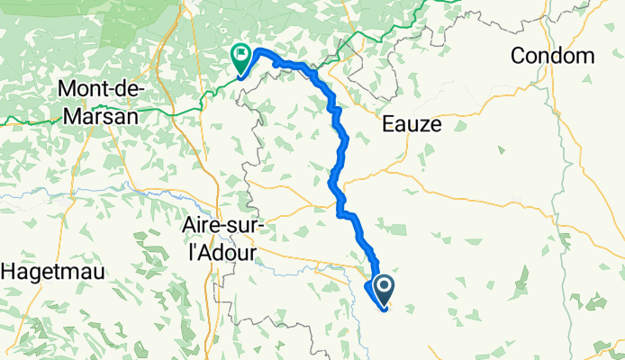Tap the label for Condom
coord(552,56)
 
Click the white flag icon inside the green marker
coord(241,54)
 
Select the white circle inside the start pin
coord(384,287)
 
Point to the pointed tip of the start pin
coord(385,308)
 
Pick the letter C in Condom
coord(518,56)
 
